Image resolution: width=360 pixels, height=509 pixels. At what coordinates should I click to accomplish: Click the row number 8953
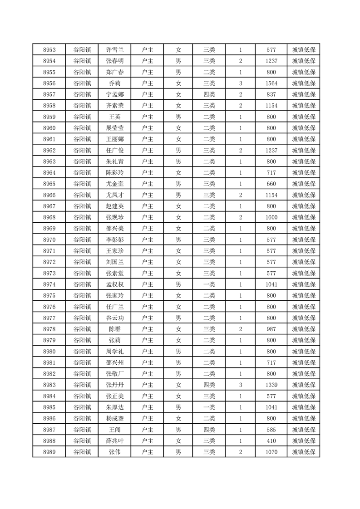click(49, 50)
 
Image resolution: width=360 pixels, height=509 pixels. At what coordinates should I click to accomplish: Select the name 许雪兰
click(114, 50)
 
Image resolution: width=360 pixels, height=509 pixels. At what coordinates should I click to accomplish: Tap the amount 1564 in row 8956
click(271, 83)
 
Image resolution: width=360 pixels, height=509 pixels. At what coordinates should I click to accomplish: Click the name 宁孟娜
click(114, 94)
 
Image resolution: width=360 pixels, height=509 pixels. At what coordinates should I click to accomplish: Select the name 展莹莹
click(114, 128)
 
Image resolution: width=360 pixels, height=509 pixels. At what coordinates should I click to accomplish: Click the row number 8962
click(49, 150)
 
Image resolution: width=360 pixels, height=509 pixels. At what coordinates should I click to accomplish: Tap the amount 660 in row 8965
click(271, 184)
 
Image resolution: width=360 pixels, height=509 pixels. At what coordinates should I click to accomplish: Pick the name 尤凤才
click(114, 195)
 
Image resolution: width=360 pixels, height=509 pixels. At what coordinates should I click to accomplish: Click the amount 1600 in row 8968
click(271, 217)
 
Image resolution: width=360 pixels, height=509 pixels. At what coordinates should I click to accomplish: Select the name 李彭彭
click(114, 240)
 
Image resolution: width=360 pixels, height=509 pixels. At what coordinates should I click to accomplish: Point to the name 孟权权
click(114, 284)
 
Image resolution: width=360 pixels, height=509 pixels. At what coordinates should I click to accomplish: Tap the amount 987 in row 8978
click(271, 329)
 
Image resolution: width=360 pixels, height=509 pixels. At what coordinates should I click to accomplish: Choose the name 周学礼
click(114, 351)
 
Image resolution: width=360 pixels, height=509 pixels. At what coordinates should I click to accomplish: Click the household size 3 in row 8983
click(240, 385)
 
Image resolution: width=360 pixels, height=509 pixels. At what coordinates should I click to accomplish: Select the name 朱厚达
click(114, 407)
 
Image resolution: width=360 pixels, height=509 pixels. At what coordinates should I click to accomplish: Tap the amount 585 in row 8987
click(271, 430)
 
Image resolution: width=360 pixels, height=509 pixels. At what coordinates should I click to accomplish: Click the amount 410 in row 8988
click(271, 440)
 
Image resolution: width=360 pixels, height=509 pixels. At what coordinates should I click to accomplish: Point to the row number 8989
click(49, 452)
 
